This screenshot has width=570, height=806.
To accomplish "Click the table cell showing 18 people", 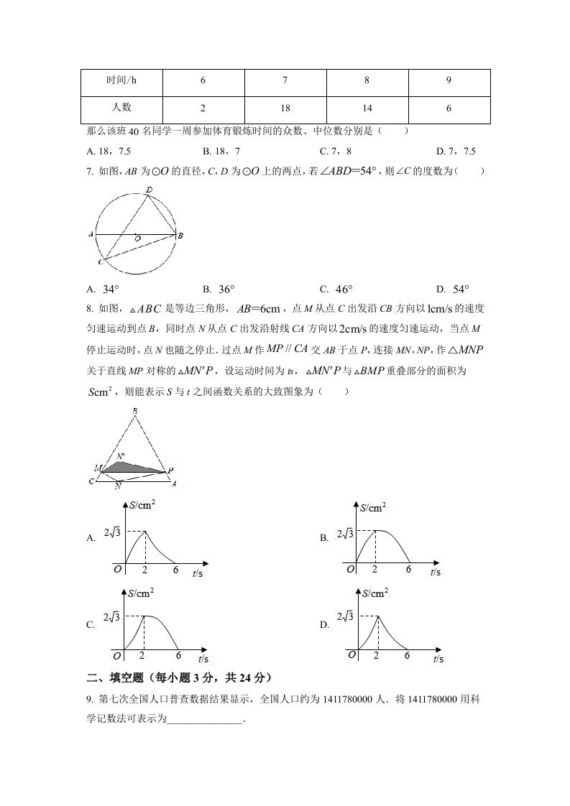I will [x=285, y=108].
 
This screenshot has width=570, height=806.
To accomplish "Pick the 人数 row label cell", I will [x=121, y=108].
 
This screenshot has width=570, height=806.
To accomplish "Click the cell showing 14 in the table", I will [x=367, y=108].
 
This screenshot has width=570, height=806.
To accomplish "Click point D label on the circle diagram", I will [x=149, y=190].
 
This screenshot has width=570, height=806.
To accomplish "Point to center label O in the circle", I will [x=137, y=238].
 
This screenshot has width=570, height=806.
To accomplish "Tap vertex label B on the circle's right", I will [x=180, y=235].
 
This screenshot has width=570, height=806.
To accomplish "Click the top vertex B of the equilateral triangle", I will [x=135, y=411].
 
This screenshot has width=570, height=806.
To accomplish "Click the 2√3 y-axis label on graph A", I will [x=112, y=532].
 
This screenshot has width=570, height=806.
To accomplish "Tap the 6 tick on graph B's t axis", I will [x=408, y=569].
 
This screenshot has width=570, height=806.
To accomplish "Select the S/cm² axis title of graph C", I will [x=141, y=593].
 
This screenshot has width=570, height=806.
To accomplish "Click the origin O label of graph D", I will [x=351, y=654].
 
